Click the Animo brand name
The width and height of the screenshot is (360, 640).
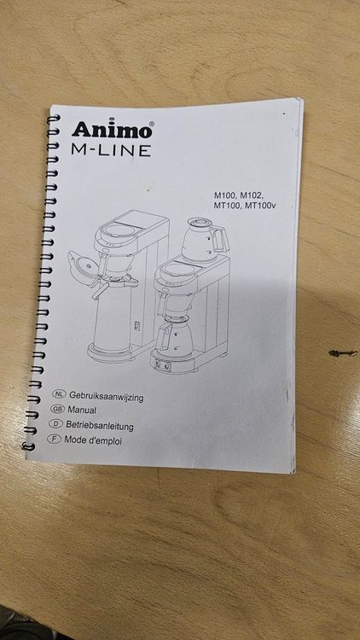[x=112, y=130]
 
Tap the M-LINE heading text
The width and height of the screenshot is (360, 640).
[x=111, y=150]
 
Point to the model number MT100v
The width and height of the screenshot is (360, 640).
[x=259, y=206]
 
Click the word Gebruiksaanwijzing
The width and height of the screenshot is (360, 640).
[x=107, y=397]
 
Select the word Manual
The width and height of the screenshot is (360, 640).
[x=82, y=410]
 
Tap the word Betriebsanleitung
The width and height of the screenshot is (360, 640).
[x=100, y=426]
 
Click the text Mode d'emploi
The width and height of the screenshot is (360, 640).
[x=93, y=440]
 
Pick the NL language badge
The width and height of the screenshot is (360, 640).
[x=60, y=394]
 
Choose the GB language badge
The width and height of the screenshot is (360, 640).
[x=57, y=409]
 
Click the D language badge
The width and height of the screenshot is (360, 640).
[x=55, y=423]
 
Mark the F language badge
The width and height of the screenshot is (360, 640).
[x=54, y=439]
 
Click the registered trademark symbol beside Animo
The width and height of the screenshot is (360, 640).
[x=152, y=123]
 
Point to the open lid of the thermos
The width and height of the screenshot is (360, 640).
[x=84, y=264]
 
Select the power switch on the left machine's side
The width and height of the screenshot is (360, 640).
[x=138, y=326]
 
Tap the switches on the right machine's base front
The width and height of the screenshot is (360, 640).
[x=162, y=366]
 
